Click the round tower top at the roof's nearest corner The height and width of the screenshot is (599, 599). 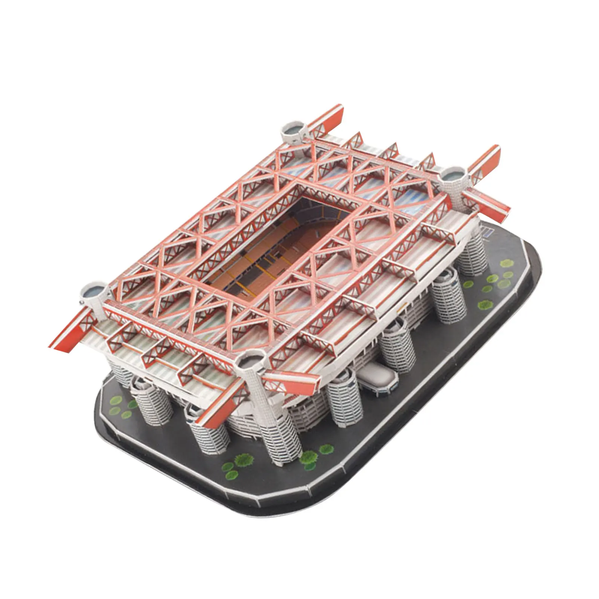[x=250, y=361]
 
